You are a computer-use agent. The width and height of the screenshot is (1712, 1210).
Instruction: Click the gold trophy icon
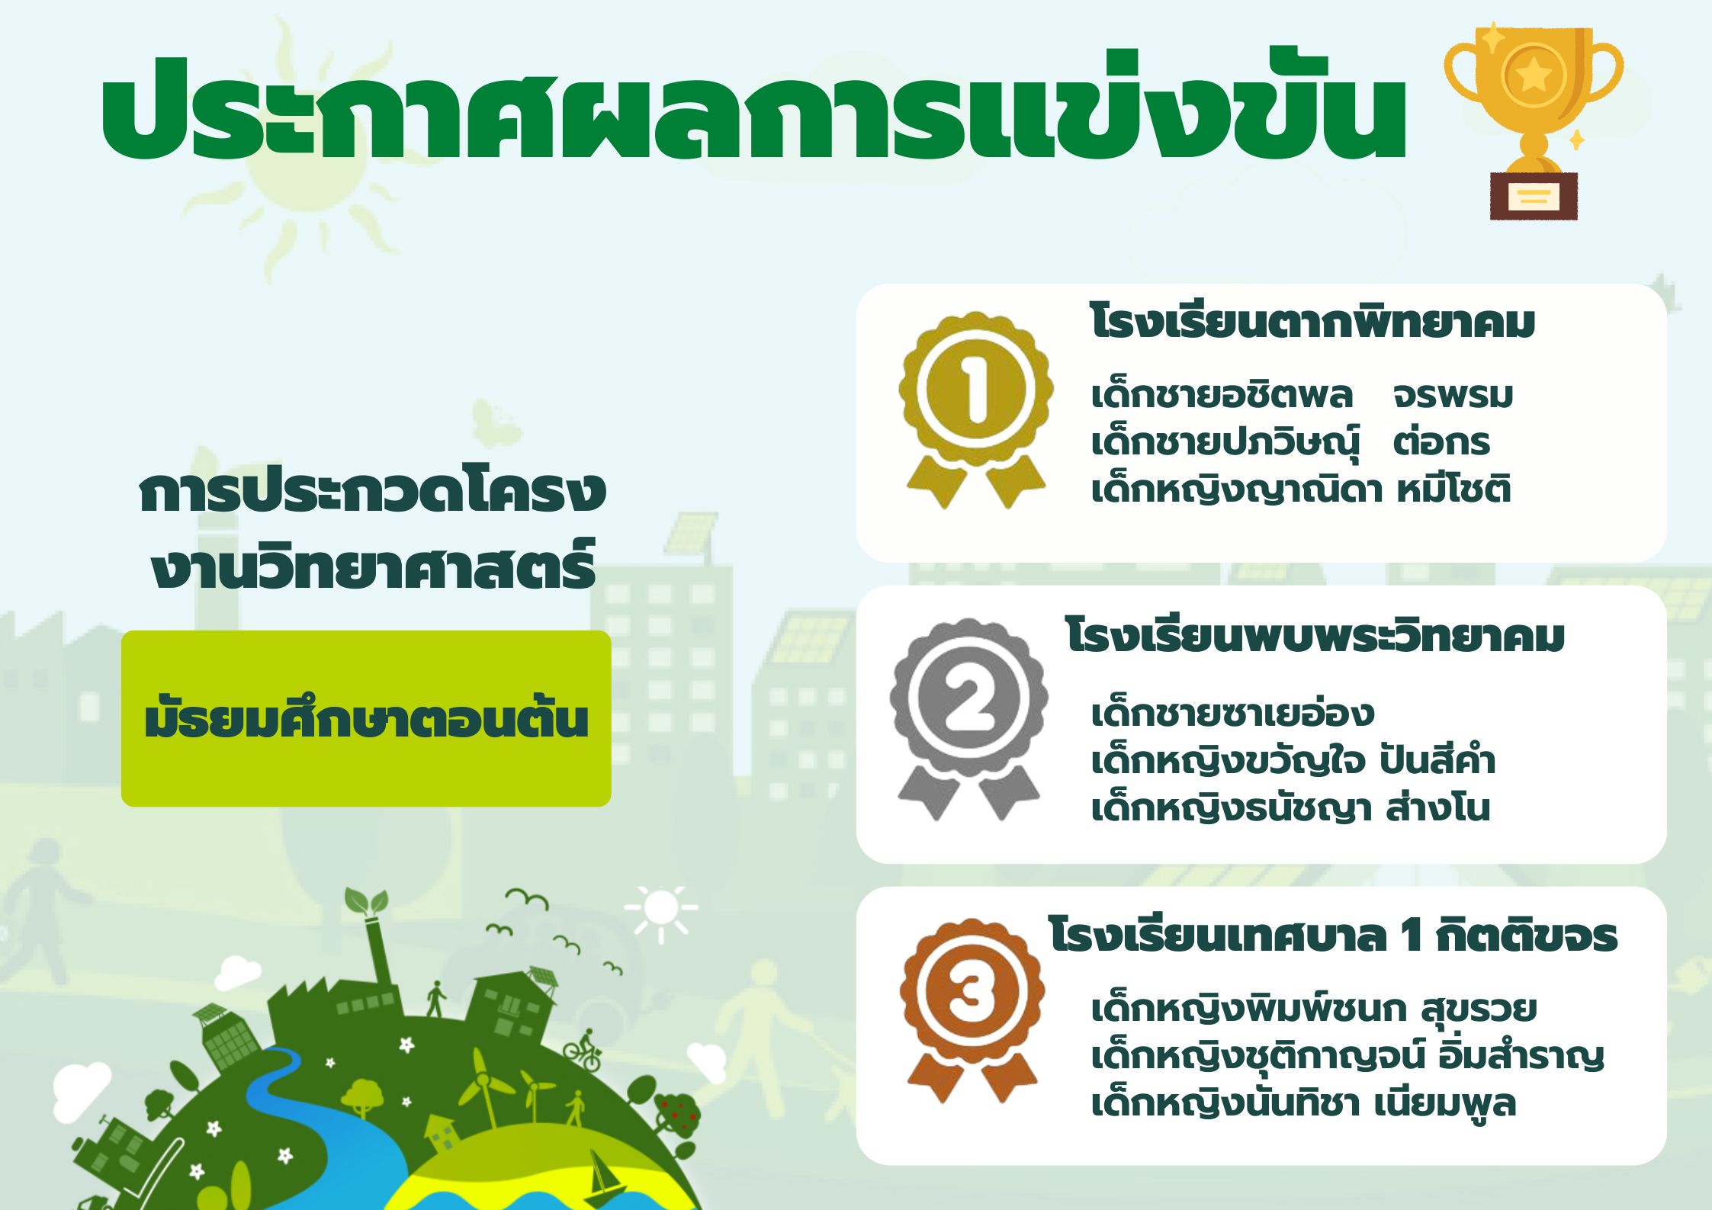[1534, 122]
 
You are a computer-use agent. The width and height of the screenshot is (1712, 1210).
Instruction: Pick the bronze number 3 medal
[972, 1010]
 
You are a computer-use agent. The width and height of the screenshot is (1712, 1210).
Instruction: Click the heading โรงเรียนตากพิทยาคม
[1312, 323]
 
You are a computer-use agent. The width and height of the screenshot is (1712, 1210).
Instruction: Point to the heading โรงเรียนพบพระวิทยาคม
[1315, 637]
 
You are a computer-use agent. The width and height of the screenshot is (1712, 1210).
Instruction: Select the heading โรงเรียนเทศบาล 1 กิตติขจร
[1333, 936]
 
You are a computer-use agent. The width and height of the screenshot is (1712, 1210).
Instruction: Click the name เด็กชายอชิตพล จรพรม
[1302, 395]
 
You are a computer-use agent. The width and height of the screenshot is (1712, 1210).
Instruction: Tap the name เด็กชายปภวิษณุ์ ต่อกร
[1290, 442]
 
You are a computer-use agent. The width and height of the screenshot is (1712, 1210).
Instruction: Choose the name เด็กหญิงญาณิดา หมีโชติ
[1301, 489]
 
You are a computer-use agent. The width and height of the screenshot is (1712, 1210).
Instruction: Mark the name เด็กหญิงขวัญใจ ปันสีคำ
[1293, 760]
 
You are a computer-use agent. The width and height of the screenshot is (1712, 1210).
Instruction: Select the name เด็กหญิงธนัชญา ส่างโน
[1290, 807]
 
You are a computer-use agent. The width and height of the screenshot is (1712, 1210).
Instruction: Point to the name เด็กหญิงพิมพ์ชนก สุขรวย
[1314, 1009]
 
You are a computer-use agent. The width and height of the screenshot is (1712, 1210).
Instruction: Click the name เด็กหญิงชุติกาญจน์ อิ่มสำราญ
[1347, 1056]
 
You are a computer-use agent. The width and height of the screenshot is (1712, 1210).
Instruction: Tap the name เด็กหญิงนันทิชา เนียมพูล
[1303, 1103]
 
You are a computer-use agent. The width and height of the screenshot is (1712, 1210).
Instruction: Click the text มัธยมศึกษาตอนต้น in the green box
[366, 717]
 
